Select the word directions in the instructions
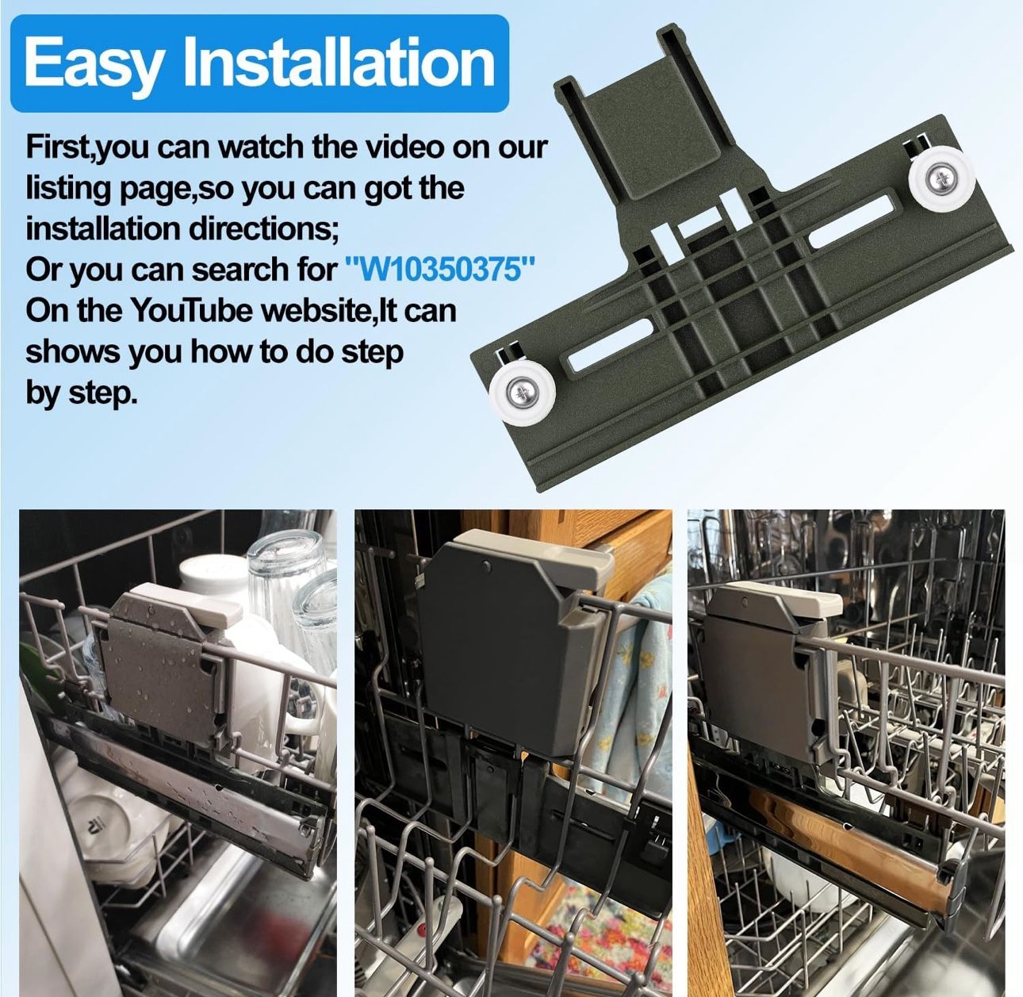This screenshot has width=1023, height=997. [x=254, y=228]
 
